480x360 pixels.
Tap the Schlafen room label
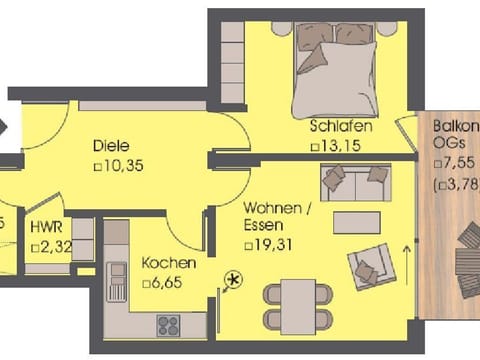341,127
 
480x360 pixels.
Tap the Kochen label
168,263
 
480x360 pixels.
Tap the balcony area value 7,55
456,165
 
